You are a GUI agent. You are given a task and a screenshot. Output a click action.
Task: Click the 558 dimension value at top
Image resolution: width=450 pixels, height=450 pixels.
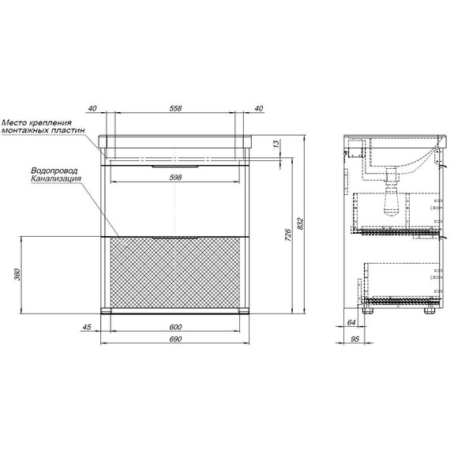[175, 108]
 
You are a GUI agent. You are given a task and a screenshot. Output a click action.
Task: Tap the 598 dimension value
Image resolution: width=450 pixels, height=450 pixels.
[175, 178]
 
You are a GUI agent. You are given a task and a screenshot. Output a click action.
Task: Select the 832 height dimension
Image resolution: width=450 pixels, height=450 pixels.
[300, 223]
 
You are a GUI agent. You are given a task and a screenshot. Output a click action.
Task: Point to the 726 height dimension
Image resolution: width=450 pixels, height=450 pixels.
[288, 235]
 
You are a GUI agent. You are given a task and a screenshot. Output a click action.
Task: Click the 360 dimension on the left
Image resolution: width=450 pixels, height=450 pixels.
[17, 275]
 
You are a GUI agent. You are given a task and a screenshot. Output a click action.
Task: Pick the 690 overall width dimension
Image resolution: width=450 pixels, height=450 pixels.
[175, 339]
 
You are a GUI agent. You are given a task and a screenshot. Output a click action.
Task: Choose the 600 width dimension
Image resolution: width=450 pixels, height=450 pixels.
[175, 327]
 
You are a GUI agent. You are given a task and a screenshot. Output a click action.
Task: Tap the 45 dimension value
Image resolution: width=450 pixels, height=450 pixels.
[87, 327]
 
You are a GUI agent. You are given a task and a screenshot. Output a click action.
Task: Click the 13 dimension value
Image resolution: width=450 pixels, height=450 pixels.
[276, 144]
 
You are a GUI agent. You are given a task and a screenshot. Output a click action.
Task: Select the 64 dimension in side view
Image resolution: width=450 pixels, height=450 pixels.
[351, 322]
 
